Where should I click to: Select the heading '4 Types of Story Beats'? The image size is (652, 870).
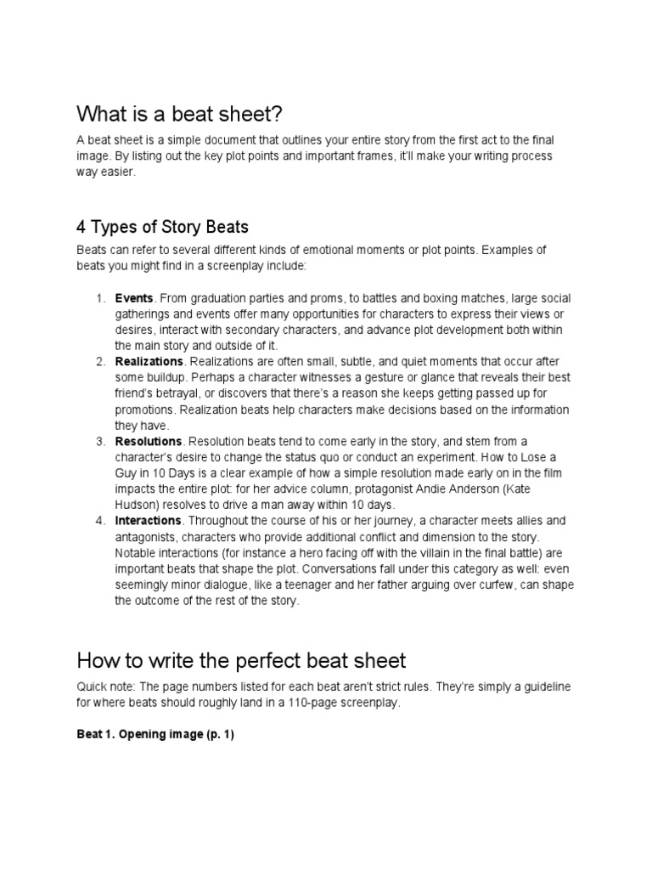pyautogui.click(x=162, y=227)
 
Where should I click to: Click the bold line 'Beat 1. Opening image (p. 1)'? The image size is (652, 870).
pyautogui.click(x=155, y=735)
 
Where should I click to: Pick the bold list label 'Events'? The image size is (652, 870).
pyautogui.click(x=134, y=298)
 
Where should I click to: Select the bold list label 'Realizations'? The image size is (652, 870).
pyautogui.click(x=149, y=362)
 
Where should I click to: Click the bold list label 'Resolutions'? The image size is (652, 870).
pyautogui.click(x=149, y=441)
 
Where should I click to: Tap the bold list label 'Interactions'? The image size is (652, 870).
pyautogui.click(x=148, y=521)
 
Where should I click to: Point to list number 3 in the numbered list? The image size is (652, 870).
pyautogui.click(x=99, y=441)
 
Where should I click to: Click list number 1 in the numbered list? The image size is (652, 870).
pyautogui.click(x=99, y=298)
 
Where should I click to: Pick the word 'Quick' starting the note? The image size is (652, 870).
pyautogui.click(x=93, y=688)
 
